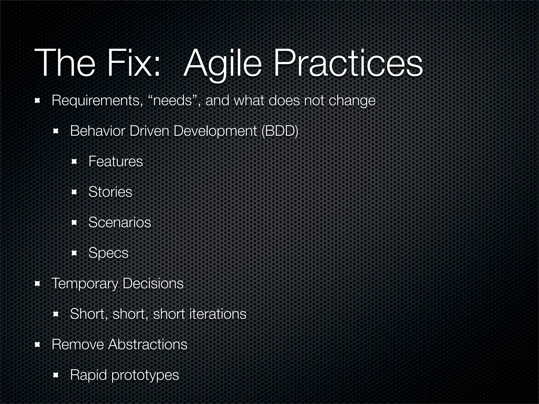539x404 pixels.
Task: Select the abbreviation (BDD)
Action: (x=280, y=131)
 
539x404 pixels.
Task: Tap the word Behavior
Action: (x=97, y=131)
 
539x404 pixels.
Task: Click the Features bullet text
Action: (x=116, y=161)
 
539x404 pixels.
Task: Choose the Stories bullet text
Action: (x=110, y=192)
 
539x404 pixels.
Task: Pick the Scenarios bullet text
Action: (x=120, y=222)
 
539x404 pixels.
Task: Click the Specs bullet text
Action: (x=108, y=253)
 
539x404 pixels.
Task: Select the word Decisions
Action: (x=153, y=283)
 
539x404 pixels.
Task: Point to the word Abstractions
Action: (x=148, y=344)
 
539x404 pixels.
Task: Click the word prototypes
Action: (x=145, y=375)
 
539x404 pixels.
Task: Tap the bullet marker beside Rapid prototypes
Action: (x=56, y=375)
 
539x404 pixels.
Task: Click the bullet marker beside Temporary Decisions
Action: (x=37, y=284)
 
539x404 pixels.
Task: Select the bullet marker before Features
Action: (x=74, y=161)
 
